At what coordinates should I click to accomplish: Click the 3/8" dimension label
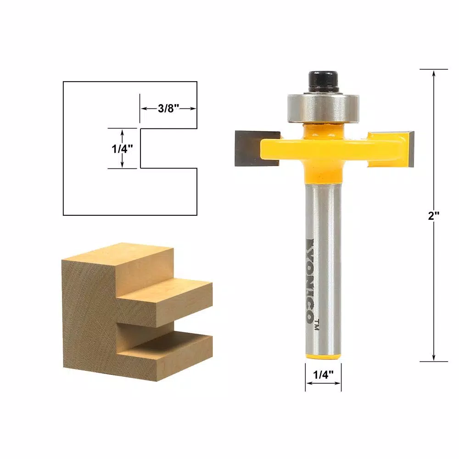point(168,109)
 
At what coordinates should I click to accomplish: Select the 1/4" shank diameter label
point(323,375)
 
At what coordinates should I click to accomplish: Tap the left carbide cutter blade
point(250,148)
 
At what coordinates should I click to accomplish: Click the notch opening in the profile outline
point(168,148)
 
